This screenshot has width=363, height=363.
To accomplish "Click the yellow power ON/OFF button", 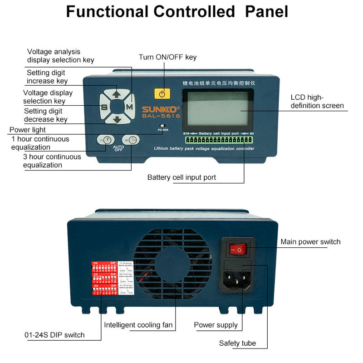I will tap(162, 94).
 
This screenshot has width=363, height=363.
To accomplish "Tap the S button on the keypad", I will tap(104, 108).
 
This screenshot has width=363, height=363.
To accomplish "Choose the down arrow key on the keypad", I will tap(117, 120).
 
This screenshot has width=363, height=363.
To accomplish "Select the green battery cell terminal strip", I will tap(219, 140).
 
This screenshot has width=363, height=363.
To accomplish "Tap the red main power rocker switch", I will tap(238, 249).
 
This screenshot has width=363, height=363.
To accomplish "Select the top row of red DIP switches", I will tap(104, 268).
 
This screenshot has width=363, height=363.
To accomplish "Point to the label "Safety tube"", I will tap(237, 343).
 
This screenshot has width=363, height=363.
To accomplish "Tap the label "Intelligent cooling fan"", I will tap(138, 325).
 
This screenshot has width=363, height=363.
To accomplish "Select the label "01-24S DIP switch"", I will tap(54, 335).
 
